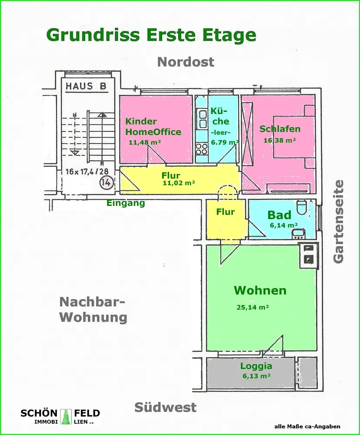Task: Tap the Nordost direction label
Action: point(186,62)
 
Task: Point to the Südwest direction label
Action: point(165,408)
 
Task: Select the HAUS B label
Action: point(86,86)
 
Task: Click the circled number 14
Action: point(104,181)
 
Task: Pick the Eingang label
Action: point(126,203)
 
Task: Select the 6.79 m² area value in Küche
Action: point(224,142)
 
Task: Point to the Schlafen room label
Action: point(280,129)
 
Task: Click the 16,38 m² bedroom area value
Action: point(280,140)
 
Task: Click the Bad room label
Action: point(279,215)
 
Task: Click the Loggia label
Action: point(256,366)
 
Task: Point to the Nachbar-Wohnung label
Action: point(93,309)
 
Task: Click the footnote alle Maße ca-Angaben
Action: point(307,427)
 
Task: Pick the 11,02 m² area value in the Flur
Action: point(178,183)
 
